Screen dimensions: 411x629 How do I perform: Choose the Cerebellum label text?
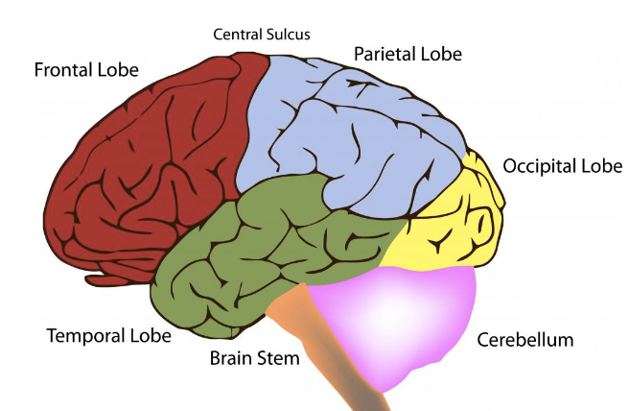tap(524, 340)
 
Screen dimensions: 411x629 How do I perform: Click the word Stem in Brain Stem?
tap(279, 359)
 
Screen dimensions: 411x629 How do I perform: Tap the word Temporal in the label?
tap(88, 336)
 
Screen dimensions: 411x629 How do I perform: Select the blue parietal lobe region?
tap(355, 134)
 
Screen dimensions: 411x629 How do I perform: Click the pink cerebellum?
tap(403, 317)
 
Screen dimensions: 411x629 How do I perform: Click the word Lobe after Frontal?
tap(119, 71)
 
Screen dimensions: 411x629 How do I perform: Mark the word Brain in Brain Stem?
tap(233, 359)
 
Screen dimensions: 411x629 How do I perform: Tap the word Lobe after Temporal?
tap(151, 336)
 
